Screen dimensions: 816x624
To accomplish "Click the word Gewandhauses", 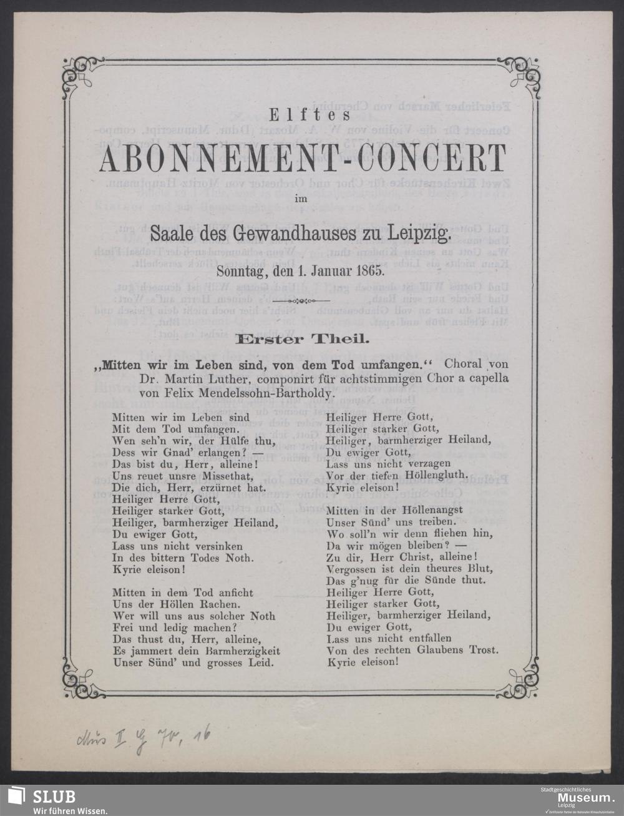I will point(291,235).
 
